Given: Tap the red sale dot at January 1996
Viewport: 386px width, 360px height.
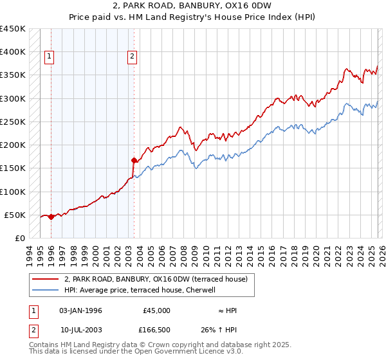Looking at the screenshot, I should (51, 217).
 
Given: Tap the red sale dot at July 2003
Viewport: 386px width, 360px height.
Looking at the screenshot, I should (134, 160).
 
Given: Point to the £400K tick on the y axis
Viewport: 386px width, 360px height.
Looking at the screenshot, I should (13, 52).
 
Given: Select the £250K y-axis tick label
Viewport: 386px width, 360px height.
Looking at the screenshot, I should (13, 122).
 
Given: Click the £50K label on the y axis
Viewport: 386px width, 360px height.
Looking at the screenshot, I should (15, 215).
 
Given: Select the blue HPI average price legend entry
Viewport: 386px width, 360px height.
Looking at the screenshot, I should (143, 291).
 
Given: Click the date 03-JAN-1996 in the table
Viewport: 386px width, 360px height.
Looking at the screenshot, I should (80, 310).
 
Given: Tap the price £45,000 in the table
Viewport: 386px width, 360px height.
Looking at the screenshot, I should (156, 310).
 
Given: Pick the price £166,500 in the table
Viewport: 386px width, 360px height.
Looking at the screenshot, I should (156, 330).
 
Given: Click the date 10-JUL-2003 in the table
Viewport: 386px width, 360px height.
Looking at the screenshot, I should (80, 330).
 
